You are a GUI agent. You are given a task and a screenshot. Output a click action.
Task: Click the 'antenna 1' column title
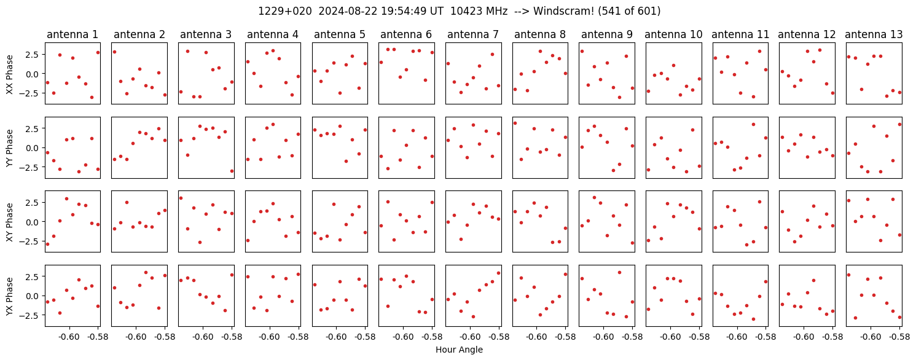click(72, 35)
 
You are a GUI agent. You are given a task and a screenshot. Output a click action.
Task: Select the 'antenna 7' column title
click(473, 35)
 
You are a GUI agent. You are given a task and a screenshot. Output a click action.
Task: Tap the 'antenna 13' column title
click(874, 35)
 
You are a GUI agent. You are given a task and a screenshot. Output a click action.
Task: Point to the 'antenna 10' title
click(673, 35)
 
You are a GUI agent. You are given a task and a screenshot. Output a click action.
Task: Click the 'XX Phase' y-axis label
click(9, 74)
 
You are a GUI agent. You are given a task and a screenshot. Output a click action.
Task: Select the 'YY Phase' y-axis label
click(9, 148)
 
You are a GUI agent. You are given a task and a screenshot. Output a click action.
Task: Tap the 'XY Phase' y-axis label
click(9, 222)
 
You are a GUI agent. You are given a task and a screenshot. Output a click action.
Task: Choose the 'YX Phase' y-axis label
click(9, 296)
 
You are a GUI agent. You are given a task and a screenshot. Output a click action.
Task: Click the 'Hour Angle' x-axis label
click(459, 350)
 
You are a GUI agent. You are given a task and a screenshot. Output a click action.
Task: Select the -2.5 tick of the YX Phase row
click(31, 315)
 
